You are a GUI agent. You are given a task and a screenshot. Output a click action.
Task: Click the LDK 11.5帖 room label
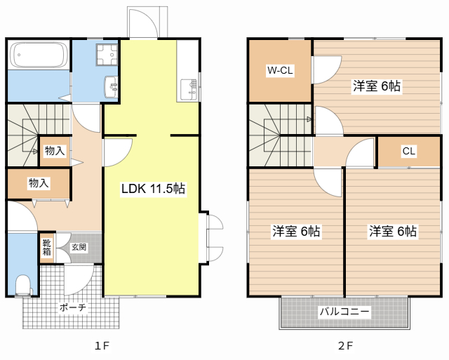click(x=153, y=189)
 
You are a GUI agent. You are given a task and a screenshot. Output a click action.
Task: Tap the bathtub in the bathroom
click(x=39, y=55)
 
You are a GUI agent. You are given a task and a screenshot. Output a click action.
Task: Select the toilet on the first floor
click(x=23, y=284)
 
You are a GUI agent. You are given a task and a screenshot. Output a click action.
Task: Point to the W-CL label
click(x=279, y=70)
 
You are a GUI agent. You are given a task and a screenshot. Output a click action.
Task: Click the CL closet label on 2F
click(x=408, y=151)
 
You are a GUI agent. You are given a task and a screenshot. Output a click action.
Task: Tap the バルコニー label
click(x=344, y=311)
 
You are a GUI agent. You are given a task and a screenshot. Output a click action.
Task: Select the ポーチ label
click(x=72, y=307)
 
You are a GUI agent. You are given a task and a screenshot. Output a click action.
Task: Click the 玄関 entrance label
click(x=78, y=247)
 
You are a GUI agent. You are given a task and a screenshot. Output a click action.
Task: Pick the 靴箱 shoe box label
click(x=46, y=247)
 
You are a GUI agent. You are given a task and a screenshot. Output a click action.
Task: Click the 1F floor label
click(x=102, y=345)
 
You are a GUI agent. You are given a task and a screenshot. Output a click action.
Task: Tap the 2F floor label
click(x=344, y=345)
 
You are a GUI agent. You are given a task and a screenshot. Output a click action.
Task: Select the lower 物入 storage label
click(x=39, y=183)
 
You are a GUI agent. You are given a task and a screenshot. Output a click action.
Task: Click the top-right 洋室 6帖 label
click(x=377, y=86)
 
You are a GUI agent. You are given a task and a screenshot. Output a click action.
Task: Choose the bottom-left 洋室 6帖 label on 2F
click(x=296, y=231)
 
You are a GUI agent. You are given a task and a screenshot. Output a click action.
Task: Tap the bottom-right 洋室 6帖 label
click(x=393, y=231)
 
